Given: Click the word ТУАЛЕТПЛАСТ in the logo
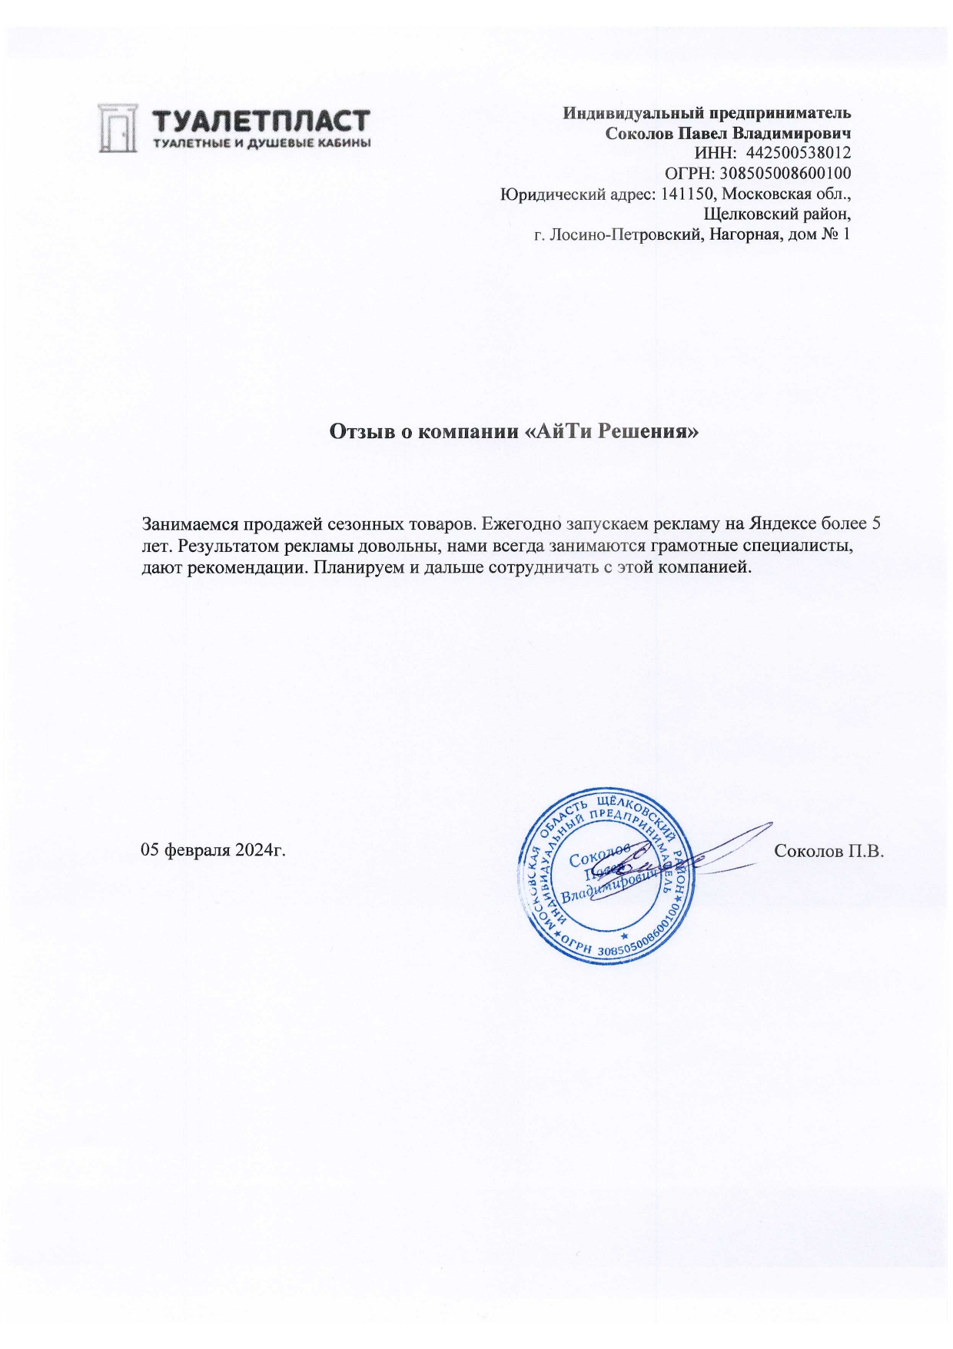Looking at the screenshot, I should (x=261, y=123).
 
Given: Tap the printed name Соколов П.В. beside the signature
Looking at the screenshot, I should (x=830, y=851).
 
